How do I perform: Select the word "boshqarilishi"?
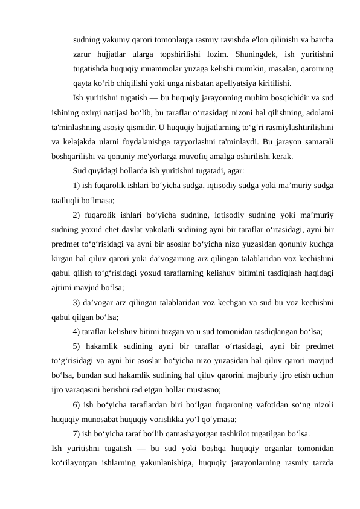pyautogui.click(x=76, y=156)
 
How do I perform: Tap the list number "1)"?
pyautogui.click(x=77, y=185)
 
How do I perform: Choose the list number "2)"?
pyautogui.click(x=78, y=214)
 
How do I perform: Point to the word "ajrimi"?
pyautogui.click(x=63, y=287)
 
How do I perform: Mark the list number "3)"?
pyautogui.click(x=77, y=301)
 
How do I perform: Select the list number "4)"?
pyautogui.click(x=77, y=330)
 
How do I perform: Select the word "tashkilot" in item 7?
pyautogui.click(x=227, y=432)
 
